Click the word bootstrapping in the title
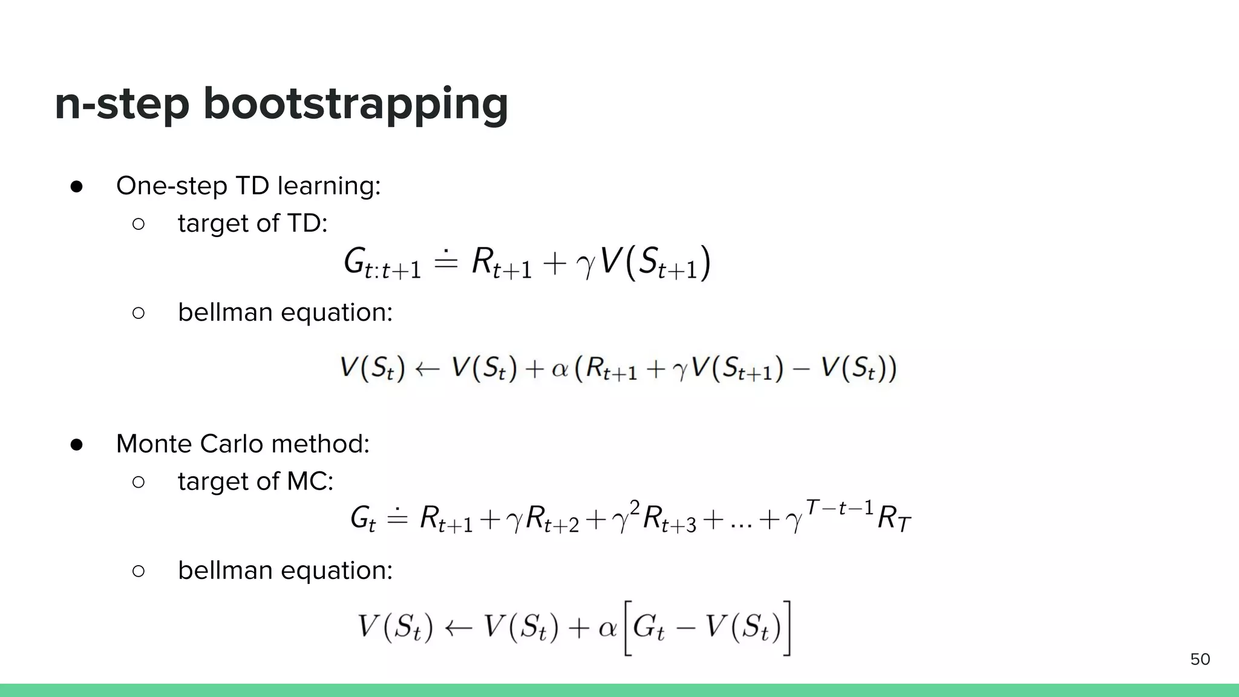(x=356, y=104)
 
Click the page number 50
(x=1200, y=659)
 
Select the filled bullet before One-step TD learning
(x=76, y=186)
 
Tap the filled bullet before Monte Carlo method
(x=76, y=445)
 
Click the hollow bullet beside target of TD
(x=138, y=224)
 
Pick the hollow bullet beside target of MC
(x=138, y=482)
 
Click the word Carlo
(x=233, y=444)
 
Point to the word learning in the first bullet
(x=329, y=186)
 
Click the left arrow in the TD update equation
(x=427, y=368)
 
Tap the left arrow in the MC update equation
(x=458, y=628)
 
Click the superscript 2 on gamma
(x=635, y=506)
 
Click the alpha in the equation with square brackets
(x=607, y=628)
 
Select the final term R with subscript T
(x=894, y=519)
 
